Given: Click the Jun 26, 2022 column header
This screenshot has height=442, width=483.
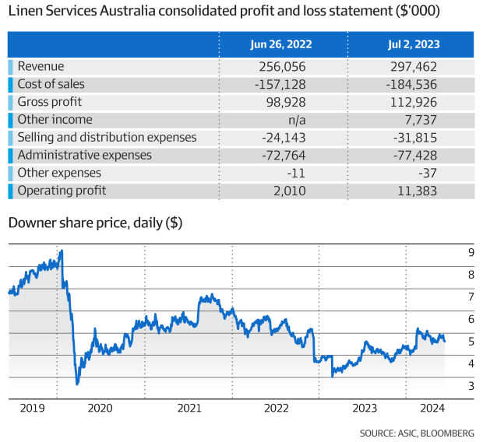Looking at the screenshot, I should pyautogui.click(x=282, y=44).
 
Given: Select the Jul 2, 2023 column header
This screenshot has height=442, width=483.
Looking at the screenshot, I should pyautogui.click(x=411, y=44).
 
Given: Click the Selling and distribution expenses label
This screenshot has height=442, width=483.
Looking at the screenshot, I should pyautogui.click(x=107, y=137).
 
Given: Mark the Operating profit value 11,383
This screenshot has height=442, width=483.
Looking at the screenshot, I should pyautogui.click(x=415, y=191).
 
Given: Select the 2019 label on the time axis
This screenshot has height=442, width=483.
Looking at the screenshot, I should pyautogui.click(x=31, y=407).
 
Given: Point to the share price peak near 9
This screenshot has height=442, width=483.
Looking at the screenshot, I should pyautogui.click(x=62, y=251).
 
